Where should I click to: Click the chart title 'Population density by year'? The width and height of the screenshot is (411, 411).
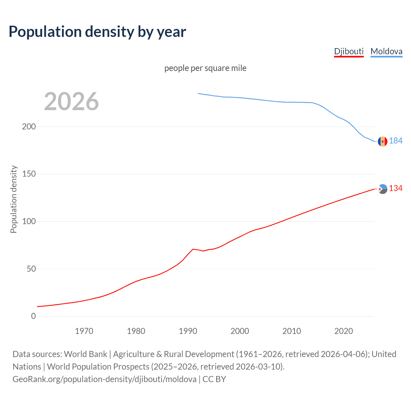(x=97, y=32)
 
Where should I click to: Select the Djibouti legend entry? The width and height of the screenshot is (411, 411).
(x=349, y=51)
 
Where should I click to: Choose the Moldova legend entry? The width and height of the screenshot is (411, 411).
(x=386, y=51)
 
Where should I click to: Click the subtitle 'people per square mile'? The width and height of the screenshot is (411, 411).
(x=205, y=68)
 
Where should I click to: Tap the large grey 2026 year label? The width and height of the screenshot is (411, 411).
(x=71, y=101)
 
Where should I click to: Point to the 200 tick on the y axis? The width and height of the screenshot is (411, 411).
(x=29, y=127)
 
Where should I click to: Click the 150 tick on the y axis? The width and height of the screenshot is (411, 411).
(x=29, y=174)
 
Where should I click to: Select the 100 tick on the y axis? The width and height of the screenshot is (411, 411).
(x=29, y=222)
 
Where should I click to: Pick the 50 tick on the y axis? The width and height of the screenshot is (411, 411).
(x=31, y=269)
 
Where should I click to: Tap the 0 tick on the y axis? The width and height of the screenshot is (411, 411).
(x=33, y=316)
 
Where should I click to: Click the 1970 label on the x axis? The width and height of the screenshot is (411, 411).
(x=84, y=331)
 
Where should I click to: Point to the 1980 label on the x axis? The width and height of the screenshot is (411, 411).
(x=136, y=331)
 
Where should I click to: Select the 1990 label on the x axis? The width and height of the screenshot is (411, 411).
(x=188, y=331)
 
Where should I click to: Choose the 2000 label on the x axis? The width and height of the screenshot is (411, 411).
(x=240, y=331)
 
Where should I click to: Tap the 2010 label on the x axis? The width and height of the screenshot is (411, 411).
(x=292, y=331)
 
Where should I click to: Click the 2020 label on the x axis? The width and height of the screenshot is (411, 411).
(x=344, y=331)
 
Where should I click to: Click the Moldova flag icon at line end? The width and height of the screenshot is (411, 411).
(x=382, y=141)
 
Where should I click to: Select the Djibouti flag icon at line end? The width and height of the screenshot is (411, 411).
(x=382, y=189)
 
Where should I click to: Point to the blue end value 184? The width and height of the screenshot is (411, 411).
(x=396, y=141)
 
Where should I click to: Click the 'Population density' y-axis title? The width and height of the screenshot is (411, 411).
(x=13, y=199)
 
